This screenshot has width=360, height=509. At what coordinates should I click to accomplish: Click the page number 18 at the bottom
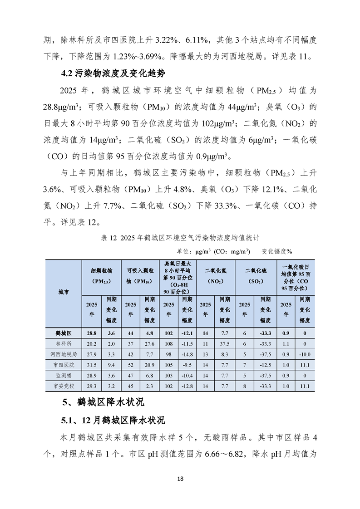(180, 479)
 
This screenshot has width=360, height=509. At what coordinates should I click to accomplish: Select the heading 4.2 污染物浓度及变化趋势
(113, 73)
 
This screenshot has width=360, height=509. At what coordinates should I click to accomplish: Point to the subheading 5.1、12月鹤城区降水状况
(113, 420)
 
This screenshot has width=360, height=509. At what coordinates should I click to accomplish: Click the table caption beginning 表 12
(180, 237)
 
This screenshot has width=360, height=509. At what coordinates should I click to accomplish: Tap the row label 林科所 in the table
(64, 343)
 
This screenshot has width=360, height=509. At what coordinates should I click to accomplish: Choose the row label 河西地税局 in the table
(64, 354)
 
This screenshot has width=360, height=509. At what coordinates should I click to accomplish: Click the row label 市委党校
(64, 386)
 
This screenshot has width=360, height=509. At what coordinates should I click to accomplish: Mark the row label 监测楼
(64, 375)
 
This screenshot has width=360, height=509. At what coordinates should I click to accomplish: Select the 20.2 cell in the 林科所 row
(92, 343)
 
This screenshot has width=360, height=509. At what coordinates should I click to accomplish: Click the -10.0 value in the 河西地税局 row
(305, 354)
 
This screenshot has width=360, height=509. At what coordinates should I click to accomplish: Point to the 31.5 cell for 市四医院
(92, 365)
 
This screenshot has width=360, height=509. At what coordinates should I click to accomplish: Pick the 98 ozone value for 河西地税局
(169, 354)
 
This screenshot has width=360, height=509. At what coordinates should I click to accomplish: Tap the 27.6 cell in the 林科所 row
(150, 343)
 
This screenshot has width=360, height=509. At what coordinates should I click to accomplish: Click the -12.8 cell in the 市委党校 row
(187, 386)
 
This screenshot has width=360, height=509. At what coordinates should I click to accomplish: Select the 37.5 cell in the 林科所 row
(224, 343)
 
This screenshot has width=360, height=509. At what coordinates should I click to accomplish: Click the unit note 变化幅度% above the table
(276, 251)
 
